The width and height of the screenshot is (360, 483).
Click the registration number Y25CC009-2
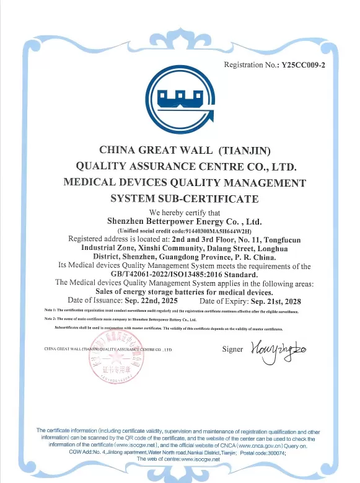(x=303, y=64)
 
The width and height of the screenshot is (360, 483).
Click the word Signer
(x=232, y=350)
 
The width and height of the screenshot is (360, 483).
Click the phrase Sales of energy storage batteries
(x=165, y=292)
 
